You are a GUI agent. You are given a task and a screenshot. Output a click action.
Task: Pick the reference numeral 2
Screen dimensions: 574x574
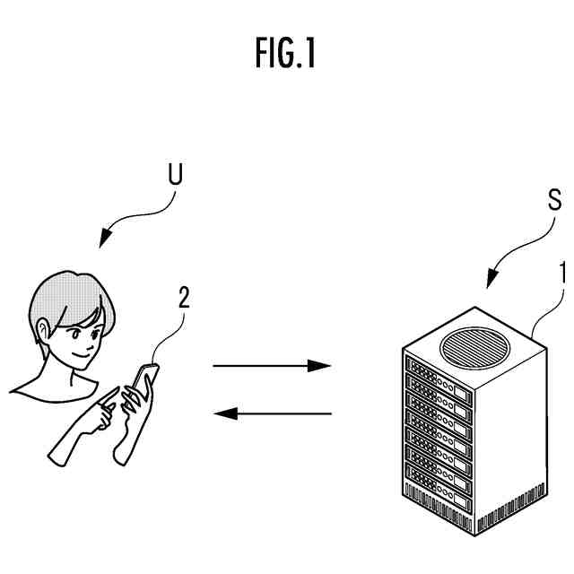pos(183,298)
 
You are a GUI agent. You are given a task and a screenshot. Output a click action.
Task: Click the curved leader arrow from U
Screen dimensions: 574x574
pos(135,216)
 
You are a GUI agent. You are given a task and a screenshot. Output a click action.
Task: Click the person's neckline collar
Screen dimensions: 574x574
pos(54,386)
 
